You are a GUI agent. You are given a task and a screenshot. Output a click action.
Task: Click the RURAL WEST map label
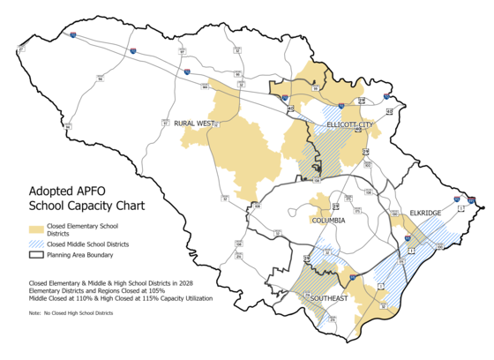(x=194, y=124)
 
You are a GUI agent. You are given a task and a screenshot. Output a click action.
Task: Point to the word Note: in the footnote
(x=35, y=313)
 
